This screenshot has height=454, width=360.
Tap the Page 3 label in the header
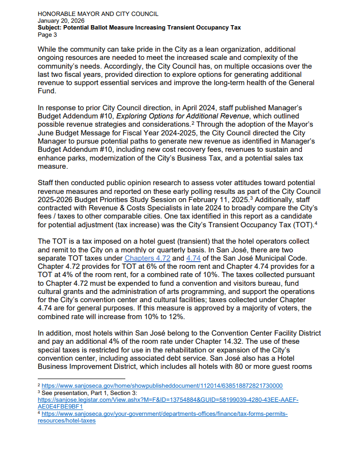[47, 34]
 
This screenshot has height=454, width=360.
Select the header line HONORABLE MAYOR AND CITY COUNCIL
[98, 14]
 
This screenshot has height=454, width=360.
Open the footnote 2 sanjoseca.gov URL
[162, 386]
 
